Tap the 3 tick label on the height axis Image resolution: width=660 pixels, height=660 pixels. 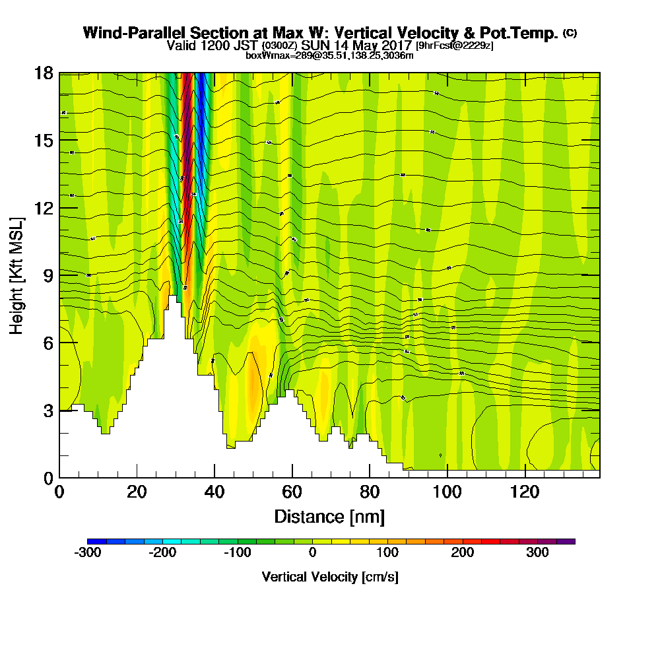(x=48, y=411)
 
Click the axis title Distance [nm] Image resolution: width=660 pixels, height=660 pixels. (x=329, y=515)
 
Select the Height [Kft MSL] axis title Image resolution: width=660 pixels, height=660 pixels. (x=16, y=275)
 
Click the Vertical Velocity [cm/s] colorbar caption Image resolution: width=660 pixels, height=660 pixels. (x=330, y=577)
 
